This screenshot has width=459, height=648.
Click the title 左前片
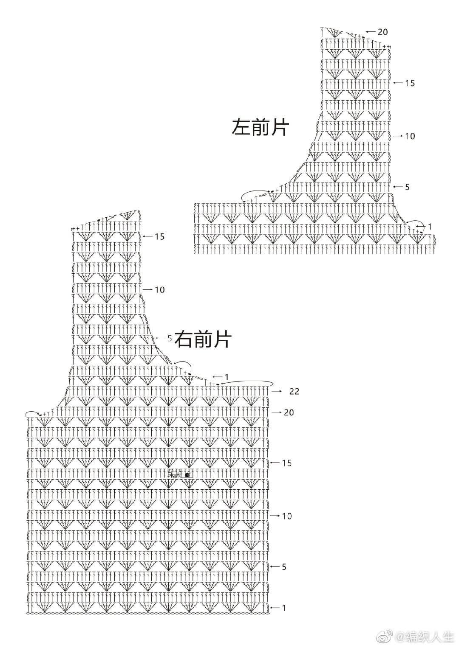[x=260, y=127]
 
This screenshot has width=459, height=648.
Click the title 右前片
[x=203, y=339]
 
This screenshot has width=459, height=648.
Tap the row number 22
[x=294, y=391]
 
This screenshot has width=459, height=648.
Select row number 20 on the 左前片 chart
[x=382, y=32]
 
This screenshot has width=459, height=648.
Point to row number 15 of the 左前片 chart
[x=409, y=83]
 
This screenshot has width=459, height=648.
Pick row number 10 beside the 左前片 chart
[x=410, y=136]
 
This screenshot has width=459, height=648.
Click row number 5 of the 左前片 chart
[x=407, y=187]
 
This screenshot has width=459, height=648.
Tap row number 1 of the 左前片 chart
[x=430, y=227]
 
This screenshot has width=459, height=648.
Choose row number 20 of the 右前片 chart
[x=289, y=412]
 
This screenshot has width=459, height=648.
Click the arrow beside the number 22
[x=277, y=391]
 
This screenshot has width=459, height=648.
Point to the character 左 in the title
[x=241, y=127]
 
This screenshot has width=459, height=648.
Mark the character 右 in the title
[x=184, y=339]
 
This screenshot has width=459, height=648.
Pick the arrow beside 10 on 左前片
[x=398, y=136]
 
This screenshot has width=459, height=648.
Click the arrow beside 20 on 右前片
[x=277, y=412]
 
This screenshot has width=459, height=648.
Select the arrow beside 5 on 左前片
[x=398, y=187]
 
